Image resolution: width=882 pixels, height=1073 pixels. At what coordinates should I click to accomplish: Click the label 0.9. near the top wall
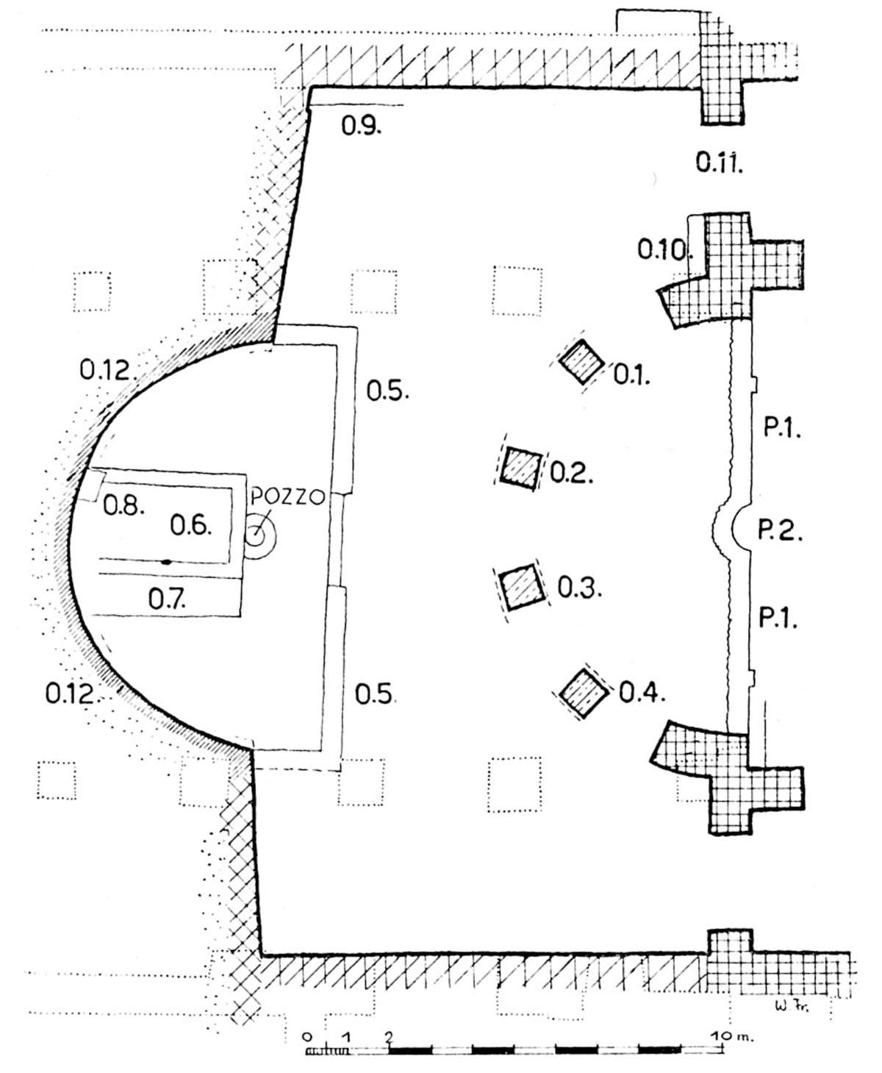point(360,126)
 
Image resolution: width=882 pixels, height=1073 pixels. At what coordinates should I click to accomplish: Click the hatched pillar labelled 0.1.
point(581,361)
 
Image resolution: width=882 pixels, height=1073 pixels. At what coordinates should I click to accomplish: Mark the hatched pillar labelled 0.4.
point(584,693)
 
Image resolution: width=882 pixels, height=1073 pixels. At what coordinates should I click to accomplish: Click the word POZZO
point(286,497)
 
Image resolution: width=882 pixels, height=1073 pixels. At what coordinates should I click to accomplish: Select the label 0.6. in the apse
point(191,525)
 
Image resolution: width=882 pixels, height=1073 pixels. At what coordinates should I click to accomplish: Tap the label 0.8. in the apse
point(123,505)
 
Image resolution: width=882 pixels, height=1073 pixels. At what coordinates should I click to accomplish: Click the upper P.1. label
point(781,429)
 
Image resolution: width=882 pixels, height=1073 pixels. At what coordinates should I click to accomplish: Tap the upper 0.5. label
point(387,391)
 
